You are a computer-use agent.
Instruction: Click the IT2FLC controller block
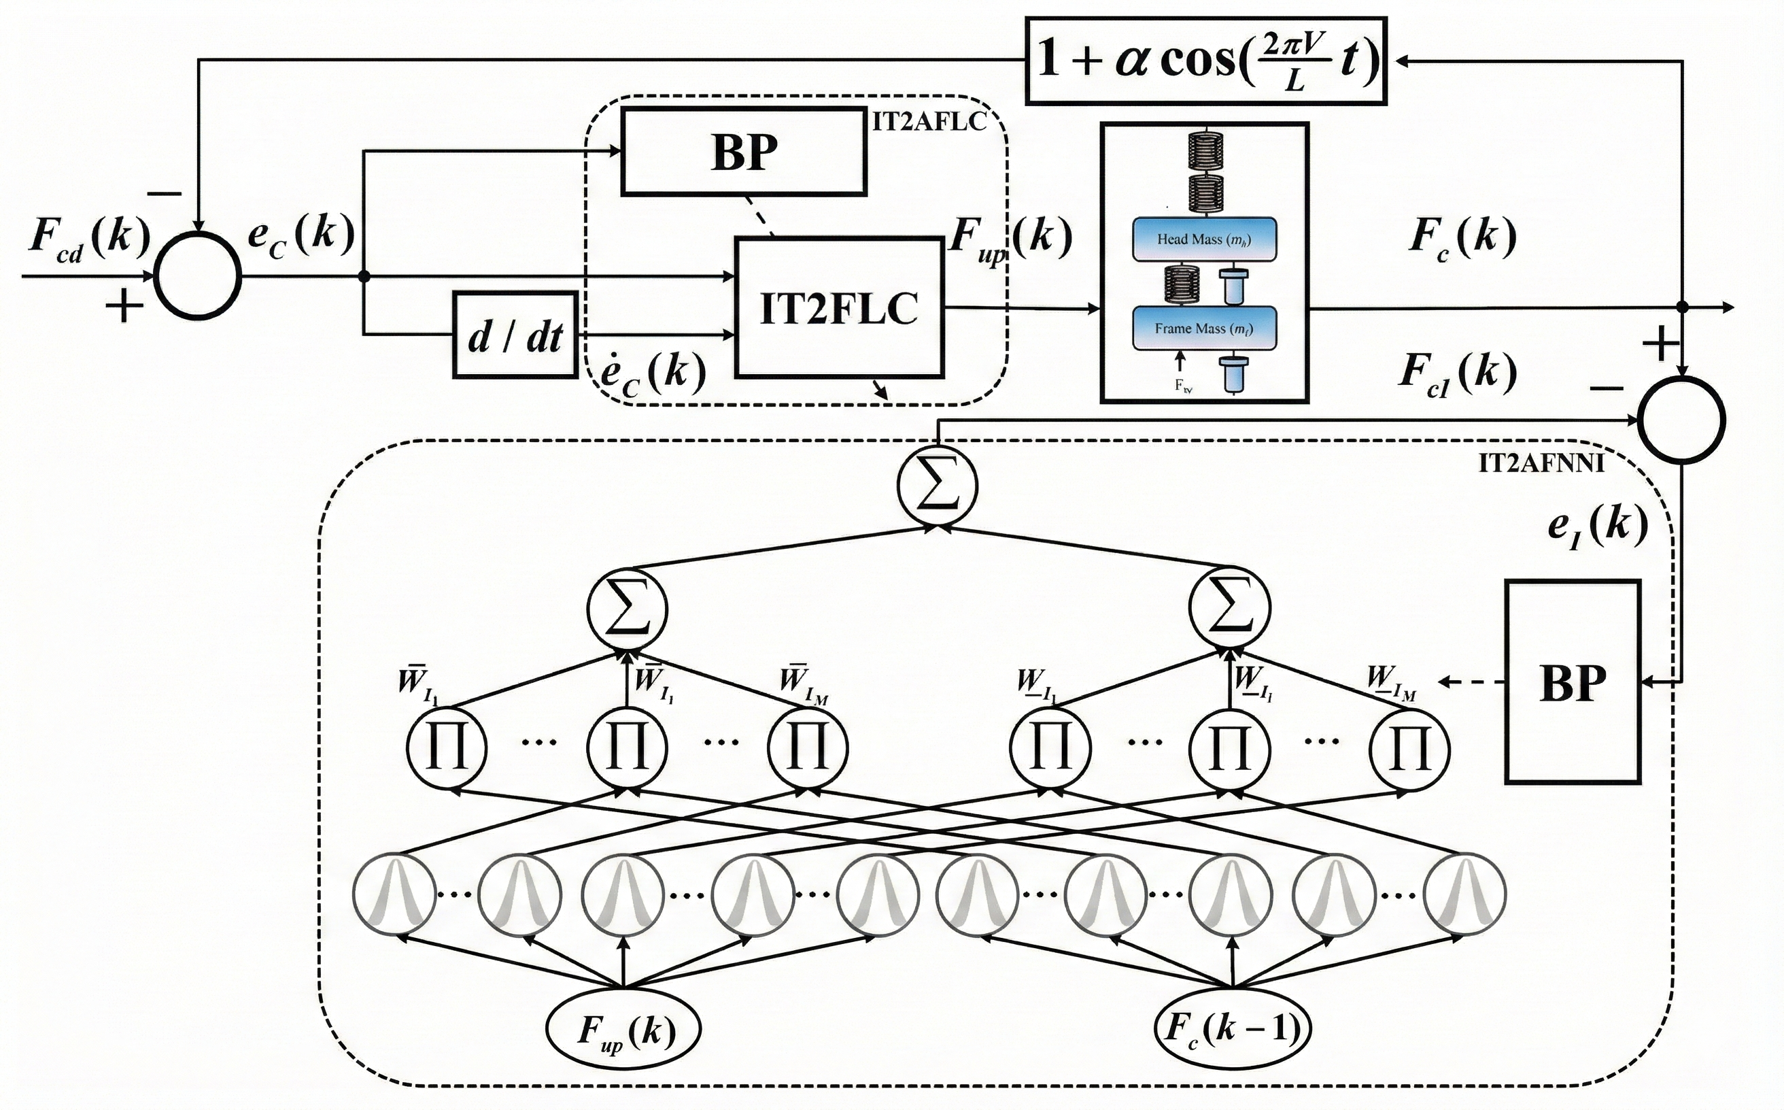[x=839, y=307]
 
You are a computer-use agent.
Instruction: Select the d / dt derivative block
[x=515, y=335]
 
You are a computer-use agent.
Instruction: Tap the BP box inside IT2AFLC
[x=743, y=152]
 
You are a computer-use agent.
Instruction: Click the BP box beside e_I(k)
[x=1572, y=682]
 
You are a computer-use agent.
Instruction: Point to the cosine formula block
[x=1205, y=61]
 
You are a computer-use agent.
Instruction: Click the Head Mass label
[x=1203, y=239]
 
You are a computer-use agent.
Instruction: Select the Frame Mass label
[x=1203, y=328]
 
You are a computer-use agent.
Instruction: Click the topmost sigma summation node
[x=937, y=486]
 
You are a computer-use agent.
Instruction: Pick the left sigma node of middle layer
[x=628, y=609]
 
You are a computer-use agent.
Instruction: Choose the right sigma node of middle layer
[x=1230, y=609]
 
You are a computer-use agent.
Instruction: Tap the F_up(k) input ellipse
[x=623, y=1028]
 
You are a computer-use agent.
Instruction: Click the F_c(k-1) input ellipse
[x=1232, y=1028]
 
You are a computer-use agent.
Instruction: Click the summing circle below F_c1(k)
[x=1682, y=420]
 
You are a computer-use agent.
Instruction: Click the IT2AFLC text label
[x=928, y=122]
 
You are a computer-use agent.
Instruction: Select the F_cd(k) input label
[x=89, y=239]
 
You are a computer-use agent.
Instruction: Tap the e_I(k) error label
[x=1597, y=526]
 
